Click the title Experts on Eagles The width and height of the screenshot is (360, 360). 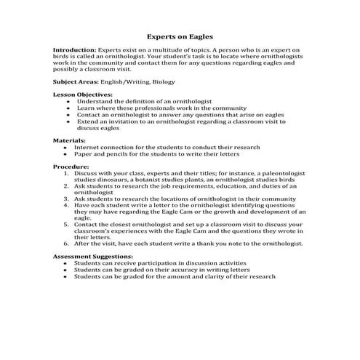(x=180, y=34)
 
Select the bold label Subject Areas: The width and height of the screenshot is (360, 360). (x=76, y=82)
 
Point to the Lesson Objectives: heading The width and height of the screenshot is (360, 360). (x=82, y=95)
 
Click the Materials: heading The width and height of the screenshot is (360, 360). (x=70, y=140)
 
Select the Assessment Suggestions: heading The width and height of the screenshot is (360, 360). (x=93, y=256)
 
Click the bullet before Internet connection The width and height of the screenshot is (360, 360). (x=66, y=147)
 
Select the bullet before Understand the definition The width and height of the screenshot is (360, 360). (x=66, y=102)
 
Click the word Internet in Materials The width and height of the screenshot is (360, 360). (x=90, y=147)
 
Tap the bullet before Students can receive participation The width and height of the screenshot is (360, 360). (x=66, y=263)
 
